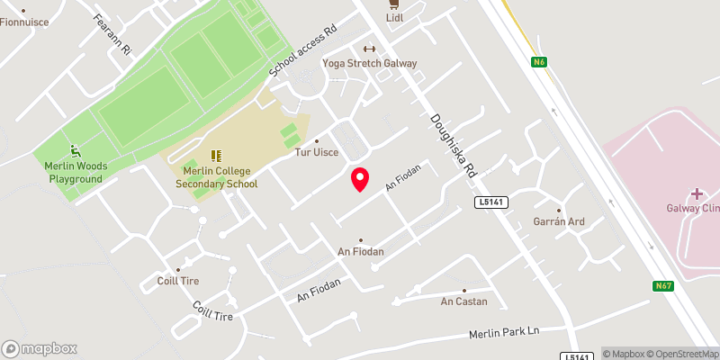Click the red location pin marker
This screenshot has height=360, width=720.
click(x=360, y=179)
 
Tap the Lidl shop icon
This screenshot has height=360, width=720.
click(x=394, y=4)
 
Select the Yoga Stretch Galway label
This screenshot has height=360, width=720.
click(x=370, y=63)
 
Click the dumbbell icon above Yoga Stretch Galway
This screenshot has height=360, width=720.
click(x=368, y=49)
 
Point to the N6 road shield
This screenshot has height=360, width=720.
click(x=539, y=62)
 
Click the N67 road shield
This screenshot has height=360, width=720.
click(x=663, y=286)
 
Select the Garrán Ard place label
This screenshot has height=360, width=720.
click(x=559, y=221)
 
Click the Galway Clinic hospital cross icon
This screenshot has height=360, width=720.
click(x=697, y=193)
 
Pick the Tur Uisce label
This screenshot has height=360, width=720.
click(x=316, y=152)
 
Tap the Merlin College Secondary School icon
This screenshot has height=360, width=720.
click(x=215, y=157)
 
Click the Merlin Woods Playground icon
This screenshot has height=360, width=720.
click(x=76, y=151)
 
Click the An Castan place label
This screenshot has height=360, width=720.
click(x=463, y=301)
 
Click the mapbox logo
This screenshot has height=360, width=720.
click(x=40, y=348)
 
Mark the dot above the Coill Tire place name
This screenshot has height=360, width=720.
click(x=177, y=269)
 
